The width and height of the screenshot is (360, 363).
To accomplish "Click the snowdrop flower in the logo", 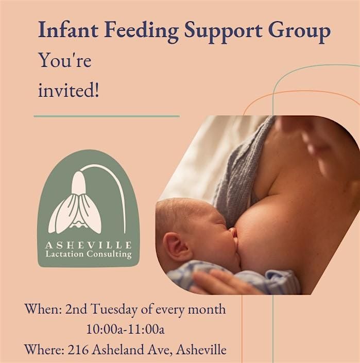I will [x=77, y=203].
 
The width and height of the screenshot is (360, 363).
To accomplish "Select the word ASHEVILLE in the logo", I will [x=88, y=245].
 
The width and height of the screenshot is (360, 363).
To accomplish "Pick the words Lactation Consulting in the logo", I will [x=88, y=254].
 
